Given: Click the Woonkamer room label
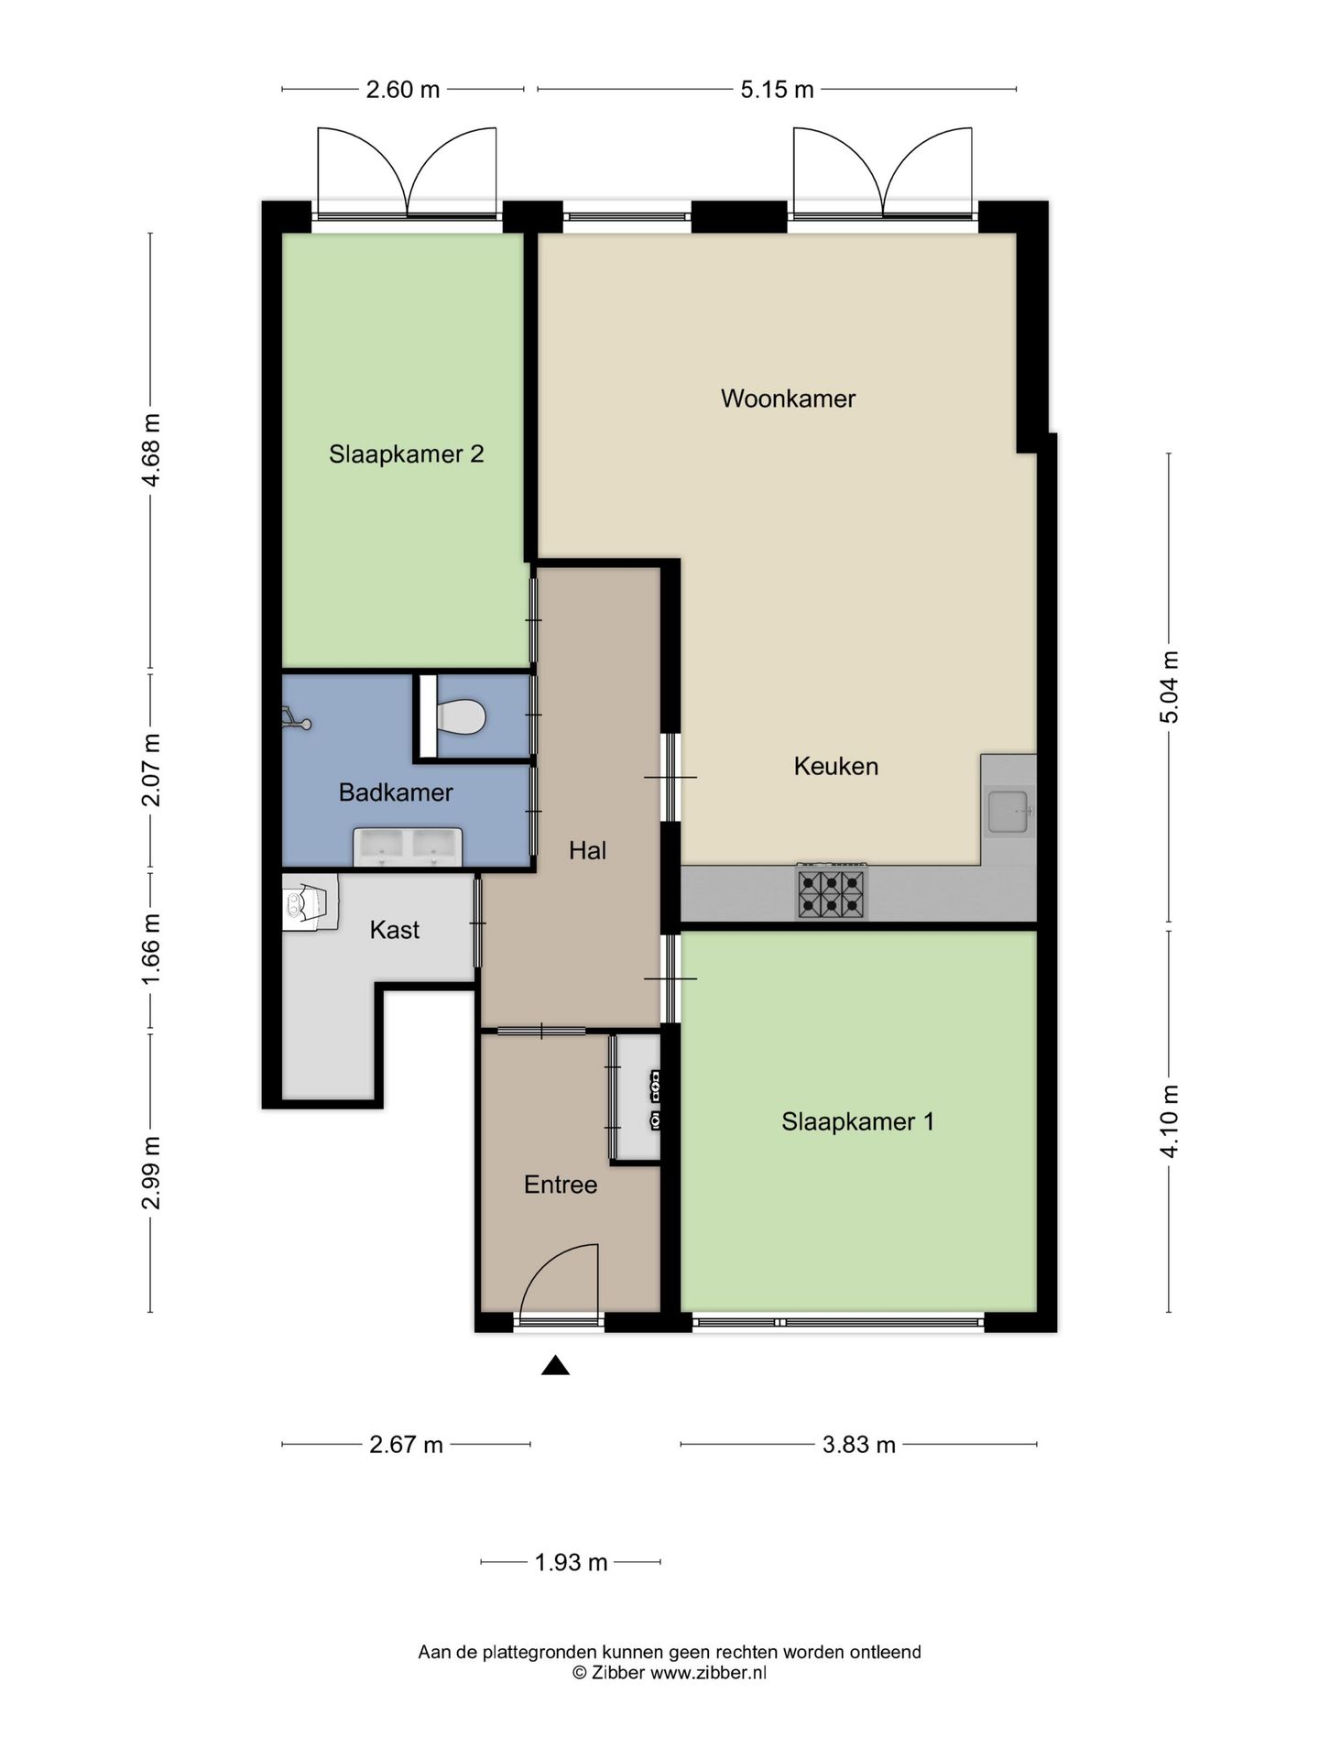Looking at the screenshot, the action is coord(788,399).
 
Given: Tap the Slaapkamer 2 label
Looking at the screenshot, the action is coord(407,454).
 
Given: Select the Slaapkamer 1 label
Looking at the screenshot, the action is coord(857,1122).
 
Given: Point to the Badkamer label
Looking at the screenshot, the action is coord(396,792).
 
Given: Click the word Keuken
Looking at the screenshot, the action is coord(835,766).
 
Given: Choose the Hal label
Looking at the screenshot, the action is coord(587,851).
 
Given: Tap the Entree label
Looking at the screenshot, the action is coord(561,1185).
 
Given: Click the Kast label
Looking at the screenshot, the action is coord(395,930).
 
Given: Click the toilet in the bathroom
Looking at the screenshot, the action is coord(460,717).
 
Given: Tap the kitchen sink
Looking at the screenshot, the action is coord(1008,811).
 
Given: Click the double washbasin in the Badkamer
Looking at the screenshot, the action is coord(408,847).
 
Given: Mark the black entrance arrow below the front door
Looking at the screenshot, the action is coord(555,1366).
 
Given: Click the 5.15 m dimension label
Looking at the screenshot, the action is coord(777,90).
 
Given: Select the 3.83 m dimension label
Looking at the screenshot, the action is coord(859,1445).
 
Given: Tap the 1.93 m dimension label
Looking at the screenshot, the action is coord(572,1562).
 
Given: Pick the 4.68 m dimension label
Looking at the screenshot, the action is coord(151,450).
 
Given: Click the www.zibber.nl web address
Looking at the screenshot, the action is coord(708,1672).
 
